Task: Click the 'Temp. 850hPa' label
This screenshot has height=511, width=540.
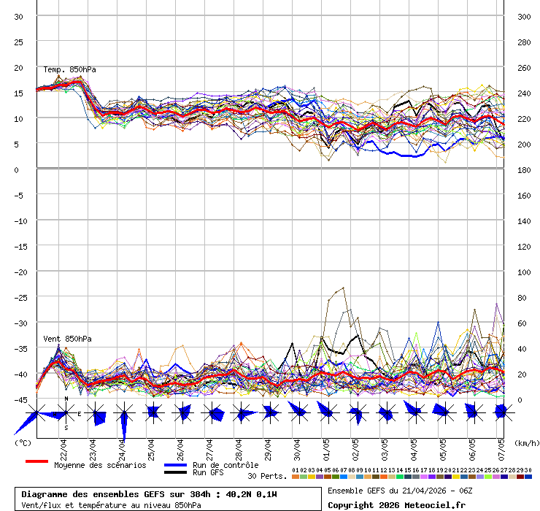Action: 69,70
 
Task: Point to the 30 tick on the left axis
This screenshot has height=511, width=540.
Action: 19,17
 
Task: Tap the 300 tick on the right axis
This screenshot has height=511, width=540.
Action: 524,17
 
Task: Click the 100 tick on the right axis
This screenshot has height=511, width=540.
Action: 524,272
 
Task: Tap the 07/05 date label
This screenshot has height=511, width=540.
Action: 501,446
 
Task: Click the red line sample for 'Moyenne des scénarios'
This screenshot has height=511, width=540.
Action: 36,461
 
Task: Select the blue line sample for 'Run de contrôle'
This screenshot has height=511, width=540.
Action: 176,465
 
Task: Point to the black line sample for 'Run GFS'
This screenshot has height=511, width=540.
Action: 176,472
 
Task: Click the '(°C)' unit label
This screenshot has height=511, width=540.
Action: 23,443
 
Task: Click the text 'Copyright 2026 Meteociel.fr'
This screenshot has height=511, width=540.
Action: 396,504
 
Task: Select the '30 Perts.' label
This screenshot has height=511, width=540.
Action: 267,476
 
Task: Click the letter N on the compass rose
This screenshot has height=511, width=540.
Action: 66,399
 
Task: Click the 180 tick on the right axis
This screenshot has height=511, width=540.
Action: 524,169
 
